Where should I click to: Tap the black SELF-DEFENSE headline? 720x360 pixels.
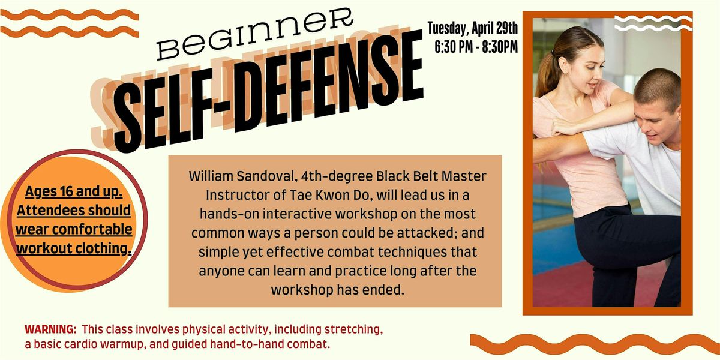[x=268, y=92]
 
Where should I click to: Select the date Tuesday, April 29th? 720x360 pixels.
[x=473, y=28]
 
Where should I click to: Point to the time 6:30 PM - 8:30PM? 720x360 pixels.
[x=476, y=47]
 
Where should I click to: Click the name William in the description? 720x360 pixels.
[x=211, y=176]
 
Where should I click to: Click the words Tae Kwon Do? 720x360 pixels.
[x=331, y=195]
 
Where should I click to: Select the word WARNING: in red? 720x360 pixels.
[x=50, y=329]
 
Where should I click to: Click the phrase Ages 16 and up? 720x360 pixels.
[x=74, y=191]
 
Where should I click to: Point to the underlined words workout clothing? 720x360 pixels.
[x=74, y=248]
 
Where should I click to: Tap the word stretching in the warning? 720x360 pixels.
[x=353, y=329]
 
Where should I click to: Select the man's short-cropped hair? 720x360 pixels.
[x=659, y=85]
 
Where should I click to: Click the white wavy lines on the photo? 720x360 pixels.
[x=653, y=23]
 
